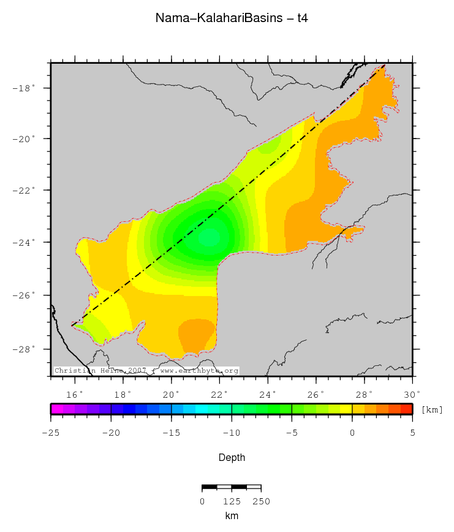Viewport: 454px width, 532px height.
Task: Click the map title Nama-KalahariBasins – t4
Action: click(x=232, y=18)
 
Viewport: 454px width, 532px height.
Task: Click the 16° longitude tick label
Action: click(x=75, y=393)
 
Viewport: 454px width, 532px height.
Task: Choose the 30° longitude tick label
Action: click(x=412, y=393)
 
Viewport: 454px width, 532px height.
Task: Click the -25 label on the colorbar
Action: click(x=50, y=433)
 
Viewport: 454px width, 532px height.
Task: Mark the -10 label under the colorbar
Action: click(x=232, y=433)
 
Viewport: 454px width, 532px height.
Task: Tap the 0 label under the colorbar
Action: click(x=352, y=433)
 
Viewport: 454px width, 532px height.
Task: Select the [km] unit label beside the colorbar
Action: click(x=432, y=409)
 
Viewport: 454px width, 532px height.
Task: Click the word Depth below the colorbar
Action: click(x=232, y=457)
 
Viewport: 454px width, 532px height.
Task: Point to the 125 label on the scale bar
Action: click(x=231, y=501)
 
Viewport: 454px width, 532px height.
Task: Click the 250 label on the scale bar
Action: click(x=261, y=501)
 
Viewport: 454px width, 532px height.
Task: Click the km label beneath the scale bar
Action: click(x=232, y=516)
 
